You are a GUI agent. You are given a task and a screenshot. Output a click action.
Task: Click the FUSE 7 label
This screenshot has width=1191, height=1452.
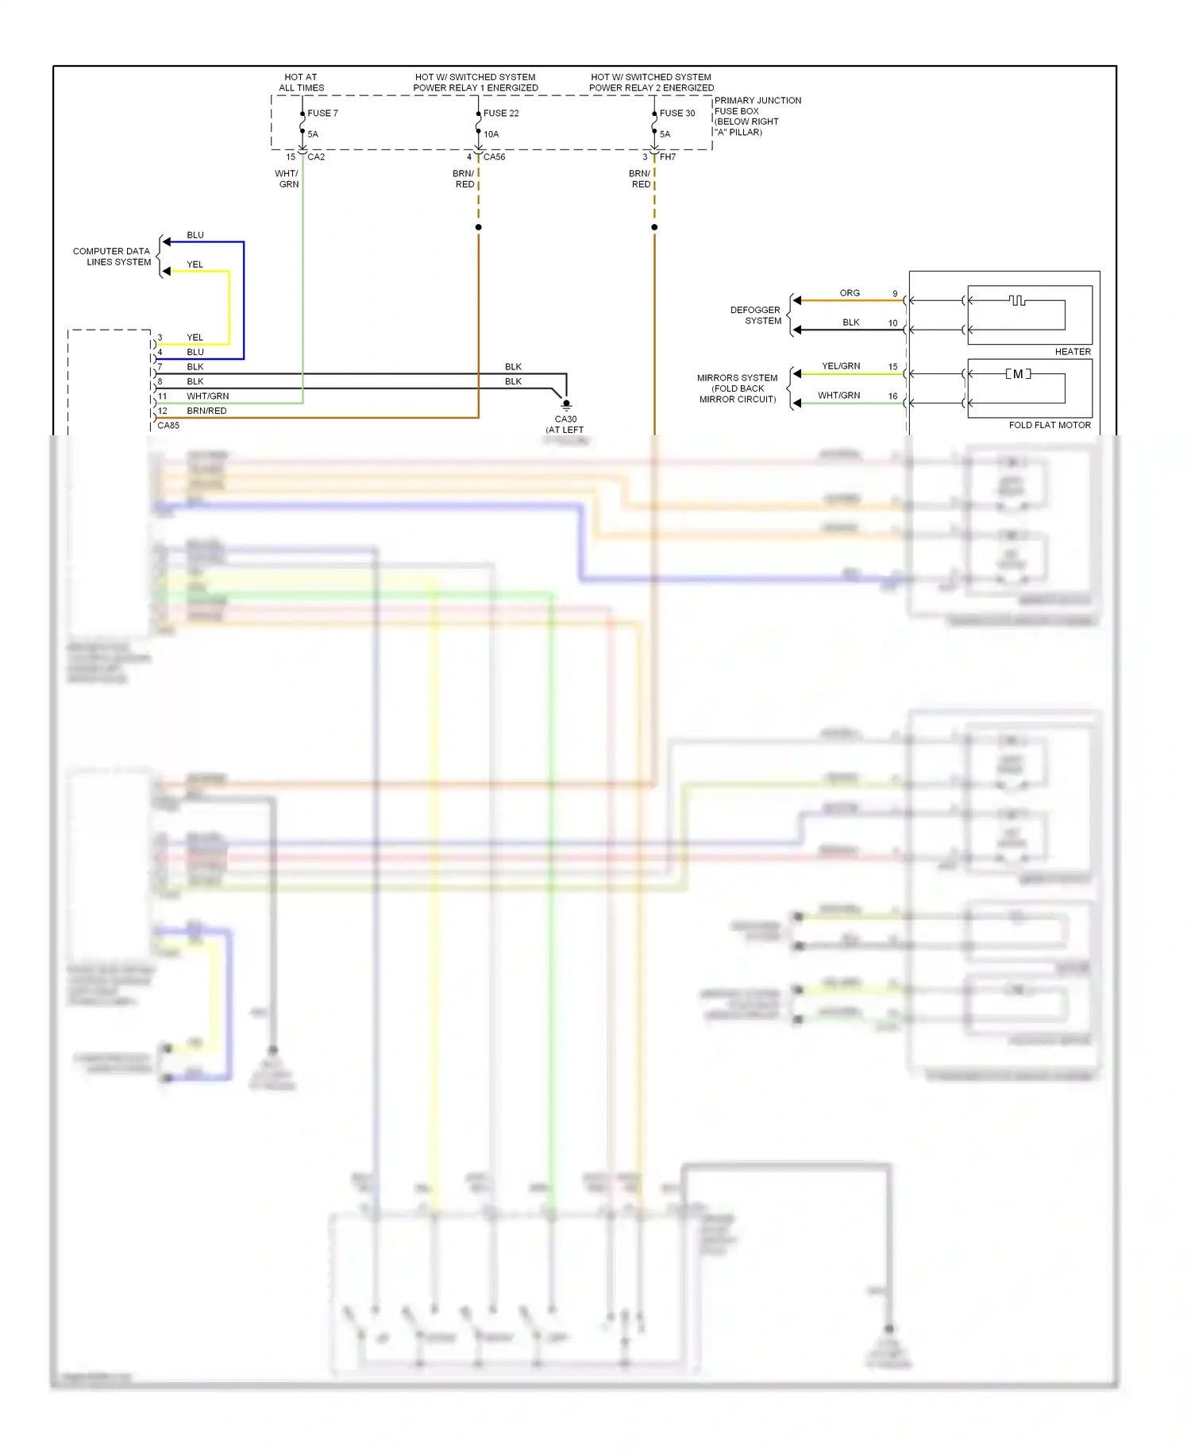322,114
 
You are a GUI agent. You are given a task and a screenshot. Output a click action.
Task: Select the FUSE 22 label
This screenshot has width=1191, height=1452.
501,114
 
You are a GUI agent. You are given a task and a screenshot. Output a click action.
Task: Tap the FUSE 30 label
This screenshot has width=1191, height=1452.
677,114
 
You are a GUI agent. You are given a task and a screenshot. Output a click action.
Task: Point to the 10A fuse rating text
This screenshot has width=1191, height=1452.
491,134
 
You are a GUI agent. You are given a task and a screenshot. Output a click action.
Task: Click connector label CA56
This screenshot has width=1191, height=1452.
494,157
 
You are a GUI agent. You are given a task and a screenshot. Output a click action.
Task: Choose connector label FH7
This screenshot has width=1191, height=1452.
668,157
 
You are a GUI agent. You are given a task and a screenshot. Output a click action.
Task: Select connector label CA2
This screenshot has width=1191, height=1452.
316,157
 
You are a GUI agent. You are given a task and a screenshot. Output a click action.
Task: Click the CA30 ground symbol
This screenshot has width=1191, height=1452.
566,404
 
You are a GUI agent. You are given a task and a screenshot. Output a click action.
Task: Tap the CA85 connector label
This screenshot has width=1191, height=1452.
168,426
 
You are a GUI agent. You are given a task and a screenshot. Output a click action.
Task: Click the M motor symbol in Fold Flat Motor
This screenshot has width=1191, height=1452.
1018,374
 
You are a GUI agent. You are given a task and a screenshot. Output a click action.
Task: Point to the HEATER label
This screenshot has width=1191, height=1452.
1073,352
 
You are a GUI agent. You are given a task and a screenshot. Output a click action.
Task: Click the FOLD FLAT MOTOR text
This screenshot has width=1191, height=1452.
1050,426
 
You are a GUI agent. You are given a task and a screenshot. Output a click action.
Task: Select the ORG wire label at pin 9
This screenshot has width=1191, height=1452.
850,293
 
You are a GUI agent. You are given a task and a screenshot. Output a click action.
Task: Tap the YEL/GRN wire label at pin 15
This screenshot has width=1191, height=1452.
841,366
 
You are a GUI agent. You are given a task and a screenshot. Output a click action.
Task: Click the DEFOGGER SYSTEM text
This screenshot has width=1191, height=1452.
756,315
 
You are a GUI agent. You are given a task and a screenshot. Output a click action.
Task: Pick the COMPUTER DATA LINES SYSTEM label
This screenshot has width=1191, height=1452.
112,257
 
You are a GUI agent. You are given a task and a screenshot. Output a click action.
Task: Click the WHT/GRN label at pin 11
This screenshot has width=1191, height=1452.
207,396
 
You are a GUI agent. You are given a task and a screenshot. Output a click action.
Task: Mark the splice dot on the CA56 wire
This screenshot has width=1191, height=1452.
478,227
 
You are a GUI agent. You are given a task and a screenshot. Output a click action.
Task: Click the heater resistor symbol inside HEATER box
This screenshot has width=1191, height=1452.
1017,300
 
